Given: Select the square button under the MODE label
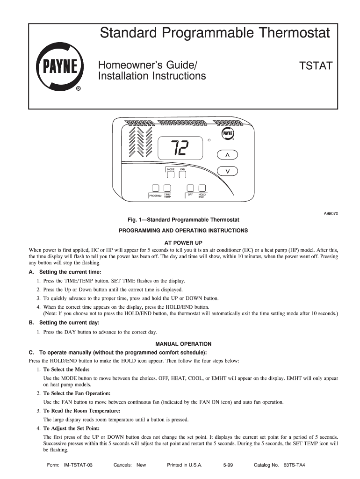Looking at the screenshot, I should click(171, 175).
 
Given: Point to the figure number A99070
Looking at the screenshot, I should click(331, 213).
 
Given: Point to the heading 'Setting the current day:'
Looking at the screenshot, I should click(69, 323).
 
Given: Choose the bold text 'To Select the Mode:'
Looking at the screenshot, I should click(66, 370).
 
